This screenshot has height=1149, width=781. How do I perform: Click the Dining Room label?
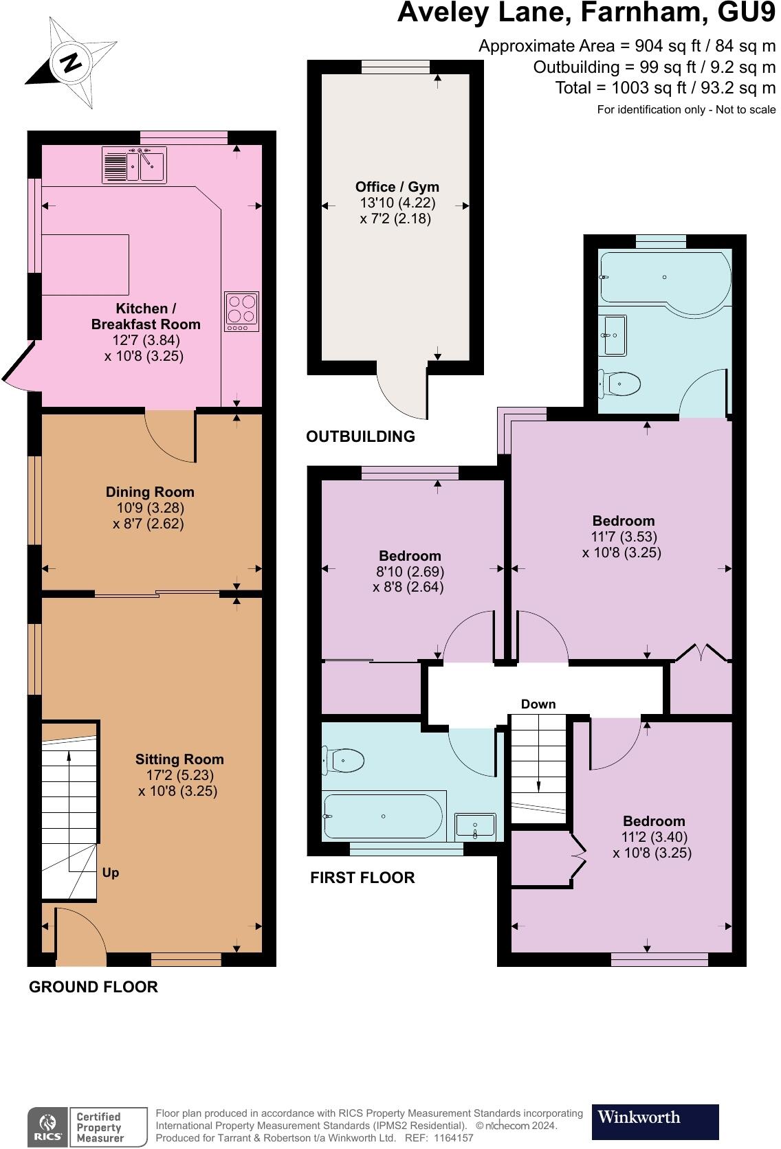[150, 492]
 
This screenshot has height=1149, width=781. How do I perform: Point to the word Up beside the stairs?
[111, 873]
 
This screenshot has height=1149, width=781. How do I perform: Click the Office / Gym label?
[397, 187]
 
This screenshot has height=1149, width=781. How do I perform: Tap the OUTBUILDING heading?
[360, 436]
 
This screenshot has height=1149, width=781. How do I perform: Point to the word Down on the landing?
[538, 704]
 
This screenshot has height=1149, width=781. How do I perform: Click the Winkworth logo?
[654, 1122]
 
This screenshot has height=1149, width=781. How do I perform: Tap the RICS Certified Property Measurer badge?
[87, 1127]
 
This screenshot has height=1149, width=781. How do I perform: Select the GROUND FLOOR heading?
[93, 987]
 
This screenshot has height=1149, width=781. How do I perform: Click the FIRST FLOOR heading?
[362, 878]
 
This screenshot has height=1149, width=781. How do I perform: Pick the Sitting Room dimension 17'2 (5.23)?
[179, 775]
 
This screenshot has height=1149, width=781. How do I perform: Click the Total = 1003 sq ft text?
[665, 88]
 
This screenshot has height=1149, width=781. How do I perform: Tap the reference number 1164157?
[450, 1138]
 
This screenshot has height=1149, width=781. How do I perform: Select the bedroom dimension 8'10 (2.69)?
[410, 572]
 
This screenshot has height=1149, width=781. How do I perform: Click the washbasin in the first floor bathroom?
[475, 827]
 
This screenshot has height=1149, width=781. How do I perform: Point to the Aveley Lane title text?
[586, 12]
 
